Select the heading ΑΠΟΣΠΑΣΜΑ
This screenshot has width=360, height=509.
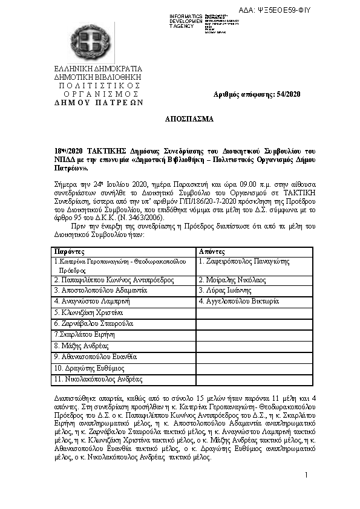tap(189, 120)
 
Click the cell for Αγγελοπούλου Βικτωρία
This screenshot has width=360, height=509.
tap(238, 301)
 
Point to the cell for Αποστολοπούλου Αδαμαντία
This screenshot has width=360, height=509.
tap(100, 291)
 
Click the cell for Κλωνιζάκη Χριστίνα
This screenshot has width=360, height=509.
tap(88, 313)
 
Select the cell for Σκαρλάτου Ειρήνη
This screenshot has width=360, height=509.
tap(84, 334)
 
